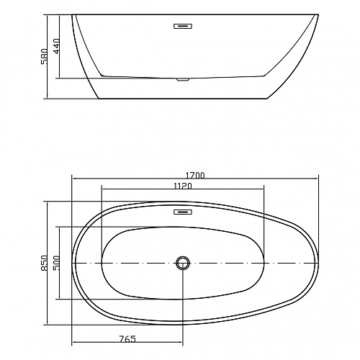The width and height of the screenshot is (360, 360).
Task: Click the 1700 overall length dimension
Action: pyautogui.click(x=195, y=176)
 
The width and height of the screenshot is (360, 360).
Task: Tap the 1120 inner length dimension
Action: pyautogui.click(x=183, y=186)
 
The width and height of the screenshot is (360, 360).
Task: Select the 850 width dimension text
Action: pyautogui.click(x=45, y=264)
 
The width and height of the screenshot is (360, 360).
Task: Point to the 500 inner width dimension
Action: pyautogui.click(x=56, y=263)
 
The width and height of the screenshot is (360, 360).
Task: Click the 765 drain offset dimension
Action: pyautogui.click(x=127, y=339)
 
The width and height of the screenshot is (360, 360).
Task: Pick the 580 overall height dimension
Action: pyautogui.click(x=45, y=56)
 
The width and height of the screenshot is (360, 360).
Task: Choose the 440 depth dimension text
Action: pyautogui.click(x=56, y=46)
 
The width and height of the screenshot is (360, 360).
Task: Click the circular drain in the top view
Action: pyautogui.click(x=183, y=263)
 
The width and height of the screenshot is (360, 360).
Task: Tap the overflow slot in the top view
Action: pyautogui.click(x=183, y=212)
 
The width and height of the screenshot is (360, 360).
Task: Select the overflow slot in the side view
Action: pyautogui.click(x=183, y=26)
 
